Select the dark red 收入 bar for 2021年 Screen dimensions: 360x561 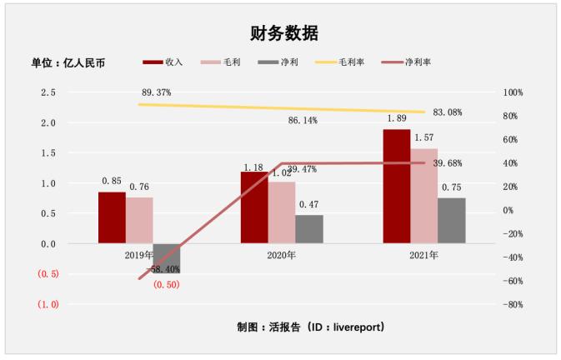click(396, 187)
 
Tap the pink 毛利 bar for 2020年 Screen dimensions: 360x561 click(282, 212)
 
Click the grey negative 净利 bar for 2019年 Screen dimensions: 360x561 click(167, 258)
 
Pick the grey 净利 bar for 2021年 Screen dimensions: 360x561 click(451, 221)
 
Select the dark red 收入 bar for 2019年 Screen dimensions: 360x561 click(112, 217)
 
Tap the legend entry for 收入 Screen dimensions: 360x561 click(163, 62)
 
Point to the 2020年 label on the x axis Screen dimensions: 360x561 click(282, 255)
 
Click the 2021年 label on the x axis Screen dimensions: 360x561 click(423, 255)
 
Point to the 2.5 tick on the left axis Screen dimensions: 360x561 click(48, 92)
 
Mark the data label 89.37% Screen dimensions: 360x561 click(157, 92)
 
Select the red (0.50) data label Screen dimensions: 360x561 click(166, 285)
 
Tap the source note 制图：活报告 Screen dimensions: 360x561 click(310, 327)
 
